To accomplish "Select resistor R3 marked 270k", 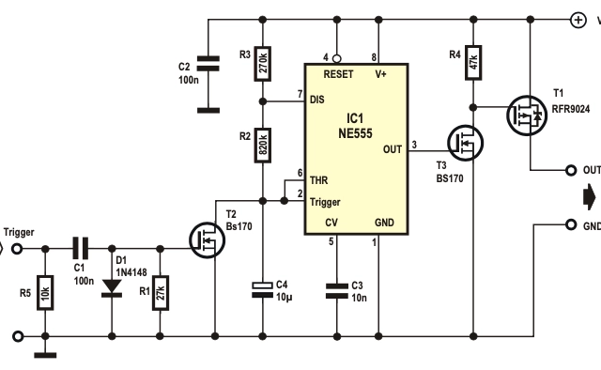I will [x=264, y=64].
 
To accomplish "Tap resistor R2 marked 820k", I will [x=264, y=146].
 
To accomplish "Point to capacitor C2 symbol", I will [x=208, y=64].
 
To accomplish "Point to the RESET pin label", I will [x=339, y=73].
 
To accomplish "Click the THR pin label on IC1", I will [x=319, y=182].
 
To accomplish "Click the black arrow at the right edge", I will [x=589, y=197].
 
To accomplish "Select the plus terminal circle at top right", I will [x=577, y=18].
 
